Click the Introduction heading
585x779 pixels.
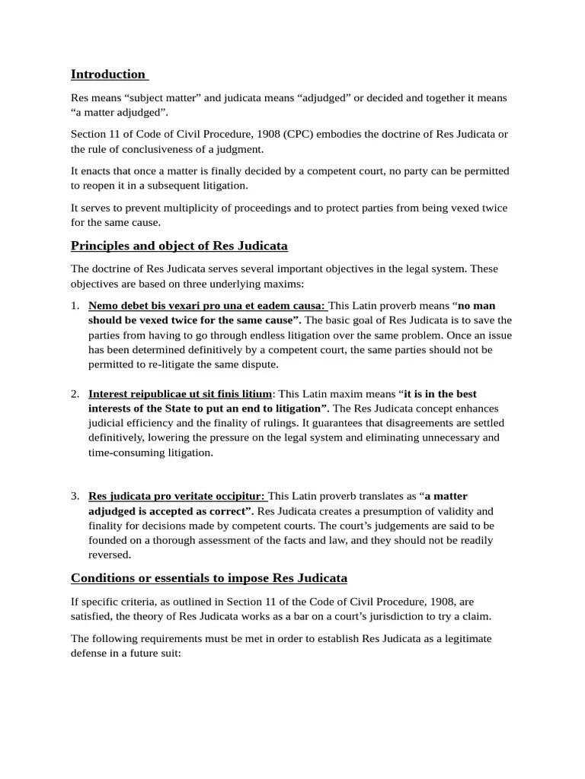(107, 74)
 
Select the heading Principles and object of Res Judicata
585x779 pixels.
(179, 246)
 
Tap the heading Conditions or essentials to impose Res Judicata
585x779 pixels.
(209, 578)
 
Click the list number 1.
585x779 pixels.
(75, 306)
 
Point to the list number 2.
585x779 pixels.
(75, 394)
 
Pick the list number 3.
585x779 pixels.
(75, 496)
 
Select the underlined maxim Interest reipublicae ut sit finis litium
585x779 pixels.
(180, 394)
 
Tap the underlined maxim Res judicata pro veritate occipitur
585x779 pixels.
(177, 496)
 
